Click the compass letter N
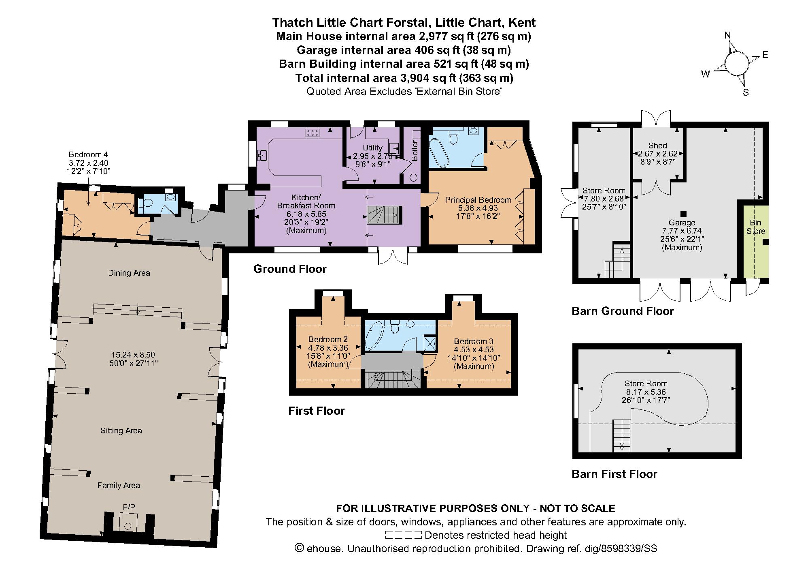[x=727, y=36]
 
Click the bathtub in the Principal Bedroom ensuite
[x=439, y=152]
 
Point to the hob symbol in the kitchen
[x=313, y=132]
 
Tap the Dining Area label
[x=129, y=273]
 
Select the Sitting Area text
[x=121, y=431]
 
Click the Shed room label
[x=657, y=146]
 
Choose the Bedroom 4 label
[x=88, y=154]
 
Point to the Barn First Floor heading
[x=614, y=474]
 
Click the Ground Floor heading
[x=290, y=269]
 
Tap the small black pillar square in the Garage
[x=683, y=214]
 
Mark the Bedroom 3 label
[x=473, y=342]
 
